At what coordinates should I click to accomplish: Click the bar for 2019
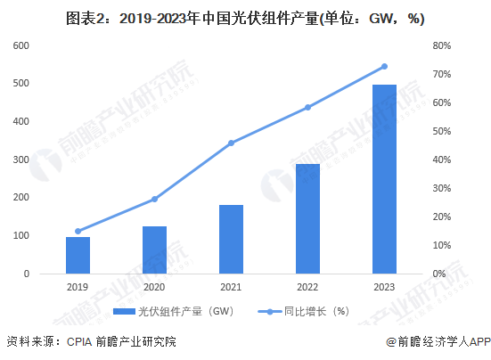(78, 255)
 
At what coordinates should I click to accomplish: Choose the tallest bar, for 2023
(384, 179)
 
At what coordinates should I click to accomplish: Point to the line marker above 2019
(78, 231)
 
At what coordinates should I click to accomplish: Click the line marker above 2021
(231, 143)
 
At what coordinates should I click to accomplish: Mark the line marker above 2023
(384, 66)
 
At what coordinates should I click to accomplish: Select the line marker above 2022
(307, 107)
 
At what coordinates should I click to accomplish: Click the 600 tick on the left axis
(19, 45)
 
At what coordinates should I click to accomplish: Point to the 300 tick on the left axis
(19, 160)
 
